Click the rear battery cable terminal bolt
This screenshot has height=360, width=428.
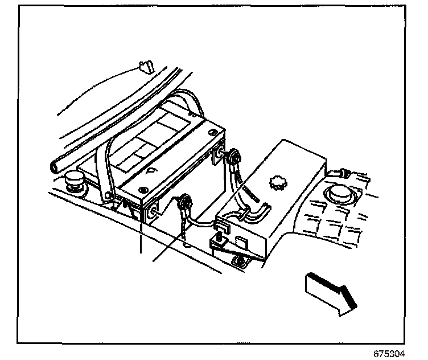pos(232,155)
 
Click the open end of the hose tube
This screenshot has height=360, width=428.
pos(55,167)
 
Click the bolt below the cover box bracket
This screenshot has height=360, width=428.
pos(240,262)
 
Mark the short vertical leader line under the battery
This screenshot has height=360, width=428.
pos(139,239)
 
